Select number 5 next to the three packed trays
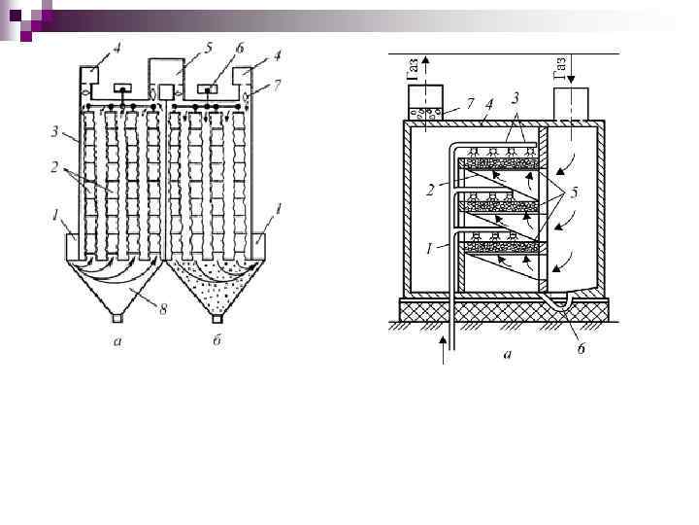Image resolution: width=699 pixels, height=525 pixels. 576,193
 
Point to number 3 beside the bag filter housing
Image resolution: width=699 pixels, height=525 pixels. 62,129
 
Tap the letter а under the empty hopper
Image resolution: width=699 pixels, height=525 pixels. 117,340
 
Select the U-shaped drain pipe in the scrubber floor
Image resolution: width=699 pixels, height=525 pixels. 557,308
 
